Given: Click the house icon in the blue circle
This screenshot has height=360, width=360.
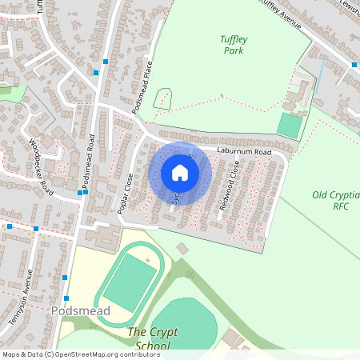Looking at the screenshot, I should [179, 173].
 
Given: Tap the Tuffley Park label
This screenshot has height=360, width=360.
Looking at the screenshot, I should [234, 45].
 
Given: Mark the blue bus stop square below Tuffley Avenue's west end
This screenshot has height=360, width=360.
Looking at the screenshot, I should [106, 62].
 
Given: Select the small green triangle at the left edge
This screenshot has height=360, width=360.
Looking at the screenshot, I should [11, 91].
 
